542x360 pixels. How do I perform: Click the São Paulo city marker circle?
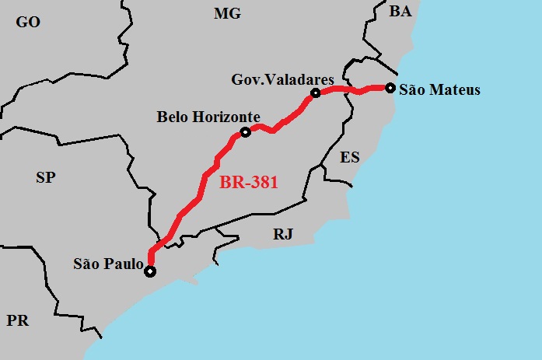[x=149, y=271]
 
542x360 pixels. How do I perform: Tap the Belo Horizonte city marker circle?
[x=245, y=132]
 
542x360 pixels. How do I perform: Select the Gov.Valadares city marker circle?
[x=316, y=93]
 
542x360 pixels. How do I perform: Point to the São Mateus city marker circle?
[x=390, y=88]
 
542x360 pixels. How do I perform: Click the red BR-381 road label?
[x=249, y=183]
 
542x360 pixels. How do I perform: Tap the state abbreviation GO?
[x=28, y=22]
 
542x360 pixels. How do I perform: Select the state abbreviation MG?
[x=228, y=13]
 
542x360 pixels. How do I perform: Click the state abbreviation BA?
[x=400, y=11]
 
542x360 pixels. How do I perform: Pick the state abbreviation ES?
[x=350, y=157]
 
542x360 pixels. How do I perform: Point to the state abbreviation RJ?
[x=283, y=233]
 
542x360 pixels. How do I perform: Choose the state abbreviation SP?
[x=45, y=177]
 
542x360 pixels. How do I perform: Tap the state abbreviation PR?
[x=17, y=320]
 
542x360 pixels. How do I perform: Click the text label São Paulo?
[x=108, y=264]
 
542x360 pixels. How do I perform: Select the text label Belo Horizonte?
[x=208, y=117]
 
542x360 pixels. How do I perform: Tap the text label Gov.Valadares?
[x=282, y=79]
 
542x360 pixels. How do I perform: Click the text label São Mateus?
[x=439, y=90]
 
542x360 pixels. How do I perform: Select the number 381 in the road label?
[x=264, y=183]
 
